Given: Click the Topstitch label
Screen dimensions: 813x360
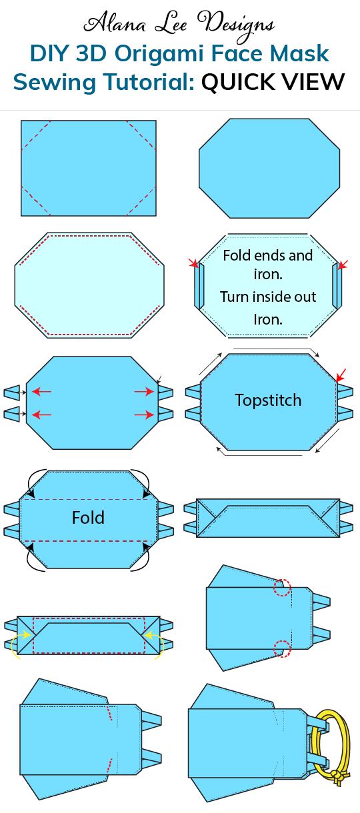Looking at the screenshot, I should coord(268,401).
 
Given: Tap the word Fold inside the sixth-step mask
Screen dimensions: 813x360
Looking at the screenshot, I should coord(88,518).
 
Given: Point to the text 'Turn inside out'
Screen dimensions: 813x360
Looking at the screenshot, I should coord(268,297).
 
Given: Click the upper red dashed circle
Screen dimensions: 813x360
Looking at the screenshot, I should coord(283,587).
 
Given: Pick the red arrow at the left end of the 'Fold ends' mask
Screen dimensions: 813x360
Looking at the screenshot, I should coord(193,265).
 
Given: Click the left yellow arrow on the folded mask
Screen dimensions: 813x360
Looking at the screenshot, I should coord(23,635).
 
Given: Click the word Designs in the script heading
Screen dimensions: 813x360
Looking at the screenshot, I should coord(237,24).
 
